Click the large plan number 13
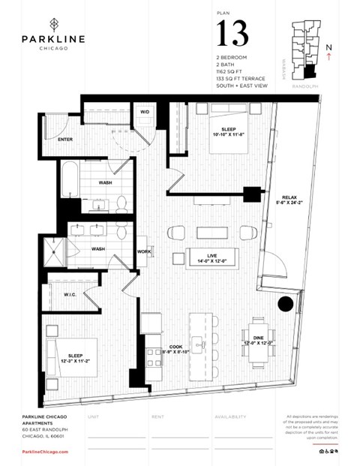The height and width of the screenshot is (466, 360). pyautogui.click(x=231, y=33)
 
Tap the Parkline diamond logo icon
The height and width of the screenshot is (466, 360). pyautogui.click(x=52, y=22)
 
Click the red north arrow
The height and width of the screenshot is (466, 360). pyautogui.click(x=330, y=54)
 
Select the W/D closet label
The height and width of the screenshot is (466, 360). pyautogui.click(x=145, y=112)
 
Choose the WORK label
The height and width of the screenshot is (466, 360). pyautogui.click(x=145, y=251)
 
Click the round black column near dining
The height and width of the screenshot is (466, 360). pyautogui.click(x=285, y=304)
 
